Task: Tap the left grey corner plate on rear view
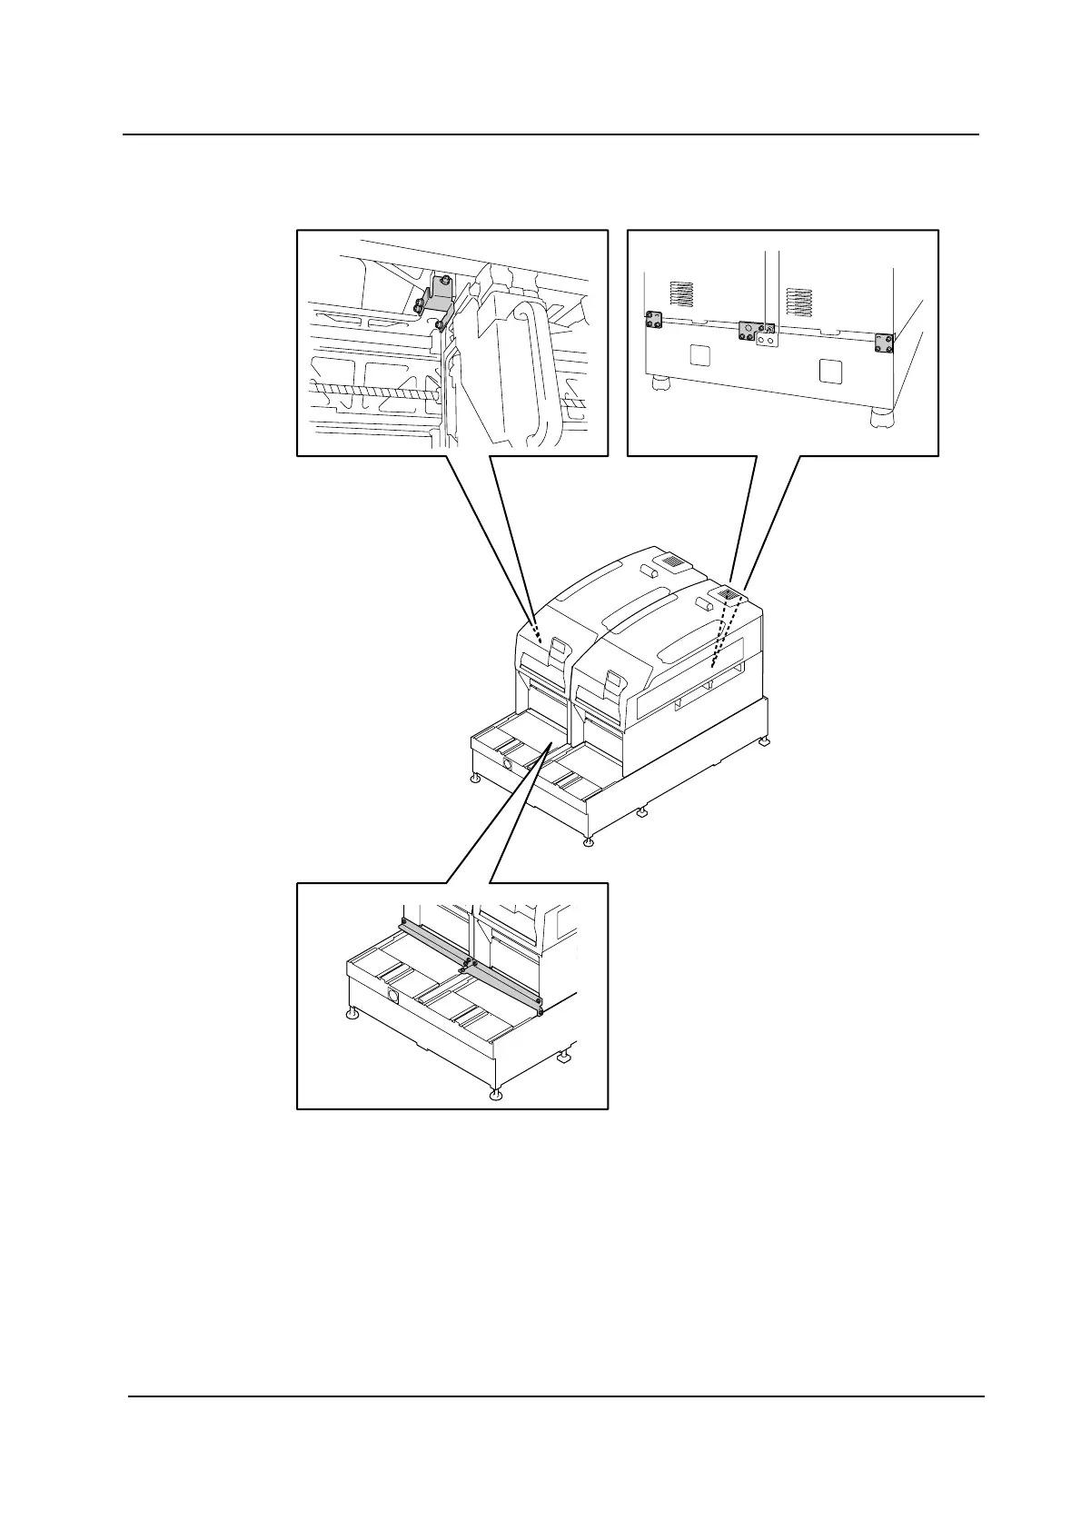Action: pyautogui.click(x=653, y=320)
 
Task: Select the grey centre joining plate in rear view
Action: pyautogui.click(x=751, y=330)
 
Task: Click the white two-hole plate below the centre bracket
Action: pyautogui.click(x=769, y=339)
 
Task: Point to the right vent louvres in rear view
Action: pyautogui.click(x=798, y=302)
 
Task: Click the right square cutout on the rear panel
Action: pyautogui.click(x=829, y=371)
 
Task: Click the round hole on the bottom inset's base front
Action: pyautogui.click(x=392, y=997)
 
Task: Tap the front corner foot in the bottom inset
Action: pyautogui.click(x=494, y=1095)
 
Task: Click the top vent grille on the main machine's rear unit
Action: pyautogui.click(x=670, y=562)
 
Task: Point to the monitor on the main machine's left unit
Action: pyautogui.click(x=556, y=647)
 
